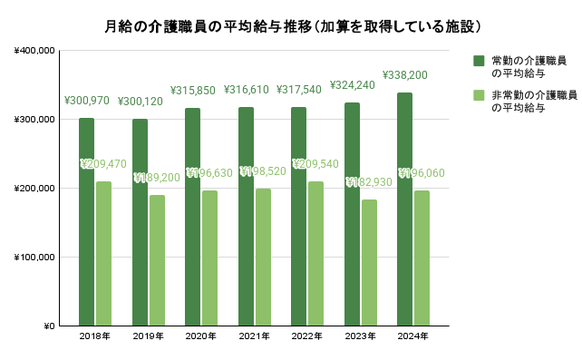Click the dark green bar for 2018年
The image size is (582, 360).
click(86, 222)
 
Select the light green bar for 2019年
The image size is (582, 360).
click(157, 260)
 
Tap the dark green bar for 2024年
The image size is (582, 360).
click(404, 209)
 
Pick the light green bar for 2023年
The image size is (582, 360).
click(369, 262)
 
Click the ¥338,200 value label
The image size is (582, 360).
click(404, 75)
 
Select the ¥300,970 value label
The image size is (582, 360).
click(86, 101)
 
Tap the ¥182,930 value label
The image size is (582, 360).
click(369, 183)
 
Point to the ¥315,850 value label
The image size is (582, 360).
click(192, 91)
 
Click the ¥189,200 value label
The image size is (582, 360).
click(157, 178)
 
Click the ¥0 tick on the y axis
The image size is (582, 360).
click(48, 326)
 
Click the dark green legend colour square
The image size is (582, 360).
click(478, 61)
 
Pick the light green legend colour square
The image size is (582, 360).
click(478, 95)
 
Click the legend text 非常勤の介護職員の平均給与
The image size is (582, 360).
click(528, 101)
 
